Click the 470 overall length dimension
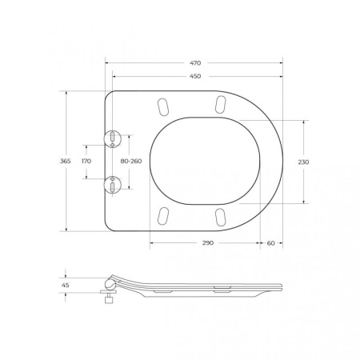(x=194, y=62)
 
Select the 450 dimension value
(x=194, y=78)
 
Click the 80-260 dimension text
(x=131, y=162)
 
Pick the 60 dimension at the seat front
(x=271, y=242)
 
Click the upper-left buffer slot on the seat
(x=163, y=106)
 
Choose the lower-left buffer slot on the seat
(x=163, y=216)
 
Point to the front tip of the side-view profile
(x=285, y=286)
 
